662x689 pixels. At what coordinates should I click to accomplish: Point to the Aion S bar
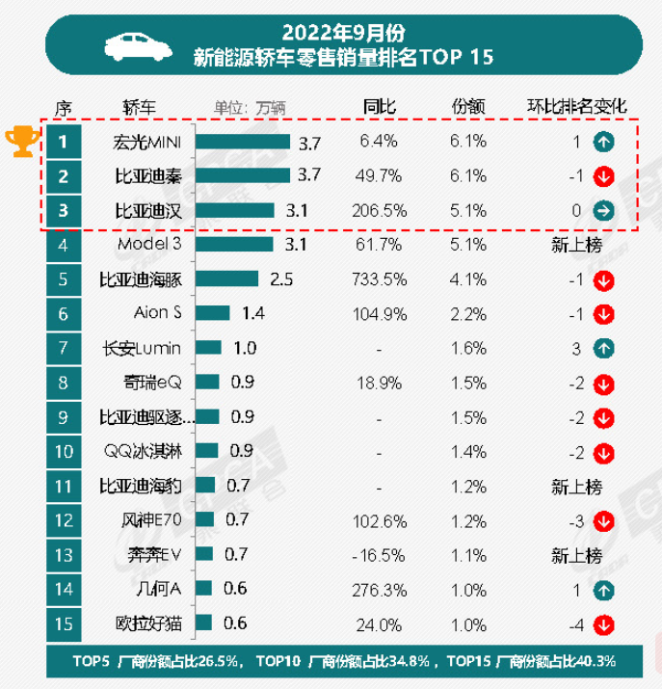point(214,313)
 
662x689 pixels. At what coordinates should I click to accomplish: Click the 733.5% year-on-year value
point(376,279)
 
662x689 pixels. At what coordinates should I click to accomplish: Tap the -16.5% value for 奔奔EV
point(376,555)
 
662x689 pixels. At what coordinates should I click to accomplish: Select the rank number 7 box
point(64,348)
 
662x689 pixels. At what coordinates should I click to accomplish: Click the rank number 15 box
point(64,623)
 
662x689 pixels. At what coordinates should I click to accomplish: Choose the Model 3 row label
point(149,245)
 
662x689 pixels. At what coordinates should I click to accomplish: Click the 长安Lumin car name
point(149,348)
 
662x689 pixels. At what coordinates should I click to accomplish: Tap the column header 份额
point(467,106)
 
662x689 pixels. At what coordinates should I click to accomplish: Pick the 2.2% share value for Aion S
point(468,313)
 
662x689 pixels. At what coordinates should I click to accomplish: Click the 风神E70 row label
point(149,520)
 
